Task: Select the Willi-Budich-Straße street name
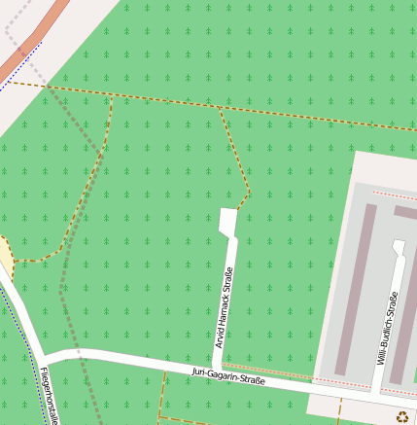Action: [386, 328]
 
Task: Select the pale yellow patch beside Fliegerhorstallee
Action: [5, 258]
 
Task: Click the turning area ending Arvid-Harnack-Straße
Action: [228, 223]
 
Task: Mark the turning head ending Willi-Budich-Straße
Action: [398, 246]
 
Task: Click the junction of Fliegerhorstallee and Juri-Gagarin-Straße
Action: [44, 356]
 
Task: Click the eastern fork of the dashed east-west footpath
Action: [221, 108]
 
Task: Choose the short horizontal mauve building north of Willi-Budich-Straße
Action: [405, 212]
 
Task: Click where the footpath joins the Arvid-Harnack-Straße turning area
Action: [236, 209]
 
